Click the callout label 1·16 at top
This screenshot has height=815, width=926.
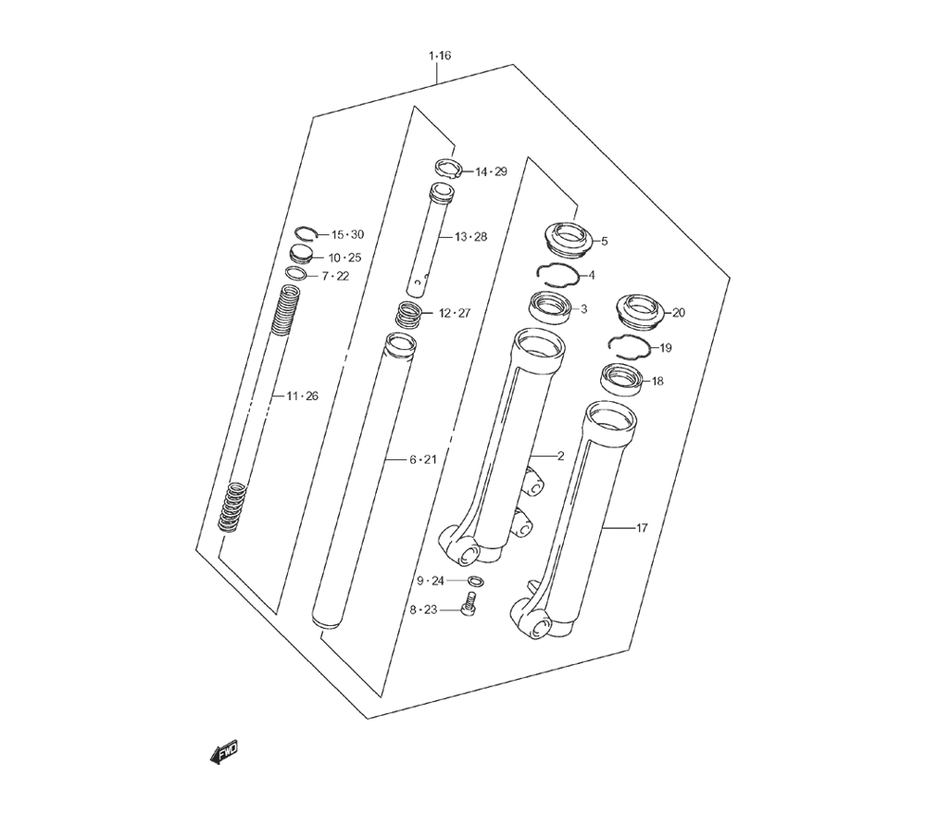point(439,56)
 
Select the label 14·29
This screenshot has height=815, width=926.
point(492,172)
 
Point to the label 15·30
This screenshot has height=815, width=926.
point(347,235)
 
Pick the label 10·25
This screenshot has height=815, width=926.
point(344,258)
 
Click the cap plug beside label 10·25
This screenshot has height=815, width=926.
point(301,255)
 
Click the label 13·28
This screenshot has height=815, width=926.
point(471,237)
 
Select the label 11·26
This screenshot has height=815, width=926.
point(302,396)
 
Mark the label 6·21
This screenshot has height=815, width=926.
point(423,459)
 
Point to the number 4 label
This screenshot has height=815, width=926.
point(592,276)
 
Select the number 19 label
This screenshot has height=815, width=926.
point(666,348)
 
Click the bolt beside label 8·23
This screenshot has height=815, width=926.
point(469,606)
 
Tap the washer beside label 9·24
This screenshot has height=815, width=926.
point(476,582)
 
